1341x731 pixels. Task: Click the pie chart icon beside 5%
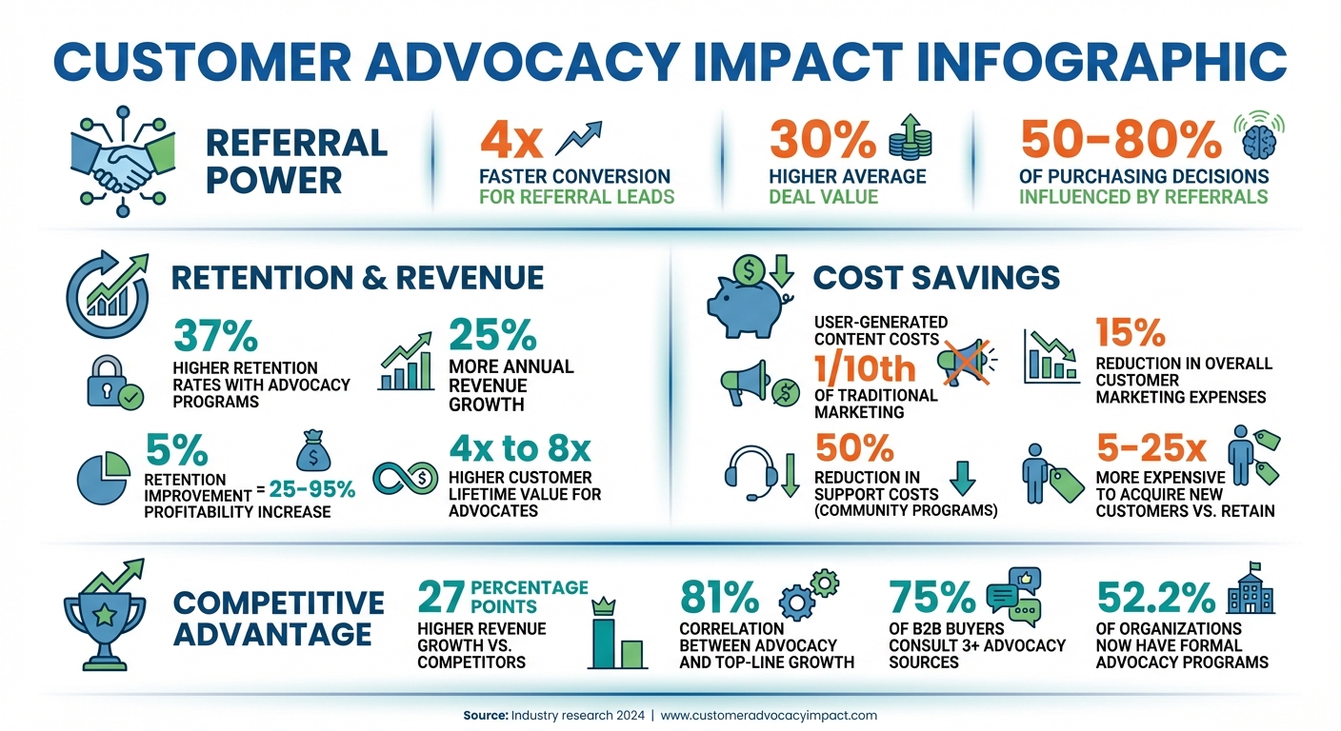click(103, 476)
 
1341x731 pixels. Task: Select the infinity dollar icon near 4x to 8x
click(400, 479)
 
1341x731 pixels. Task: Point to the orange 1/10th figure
click(865, 367)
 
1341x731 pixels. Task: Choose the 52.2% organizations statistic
click(1155, 598)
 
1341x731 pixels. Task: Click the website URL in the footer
click(769, 715)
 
